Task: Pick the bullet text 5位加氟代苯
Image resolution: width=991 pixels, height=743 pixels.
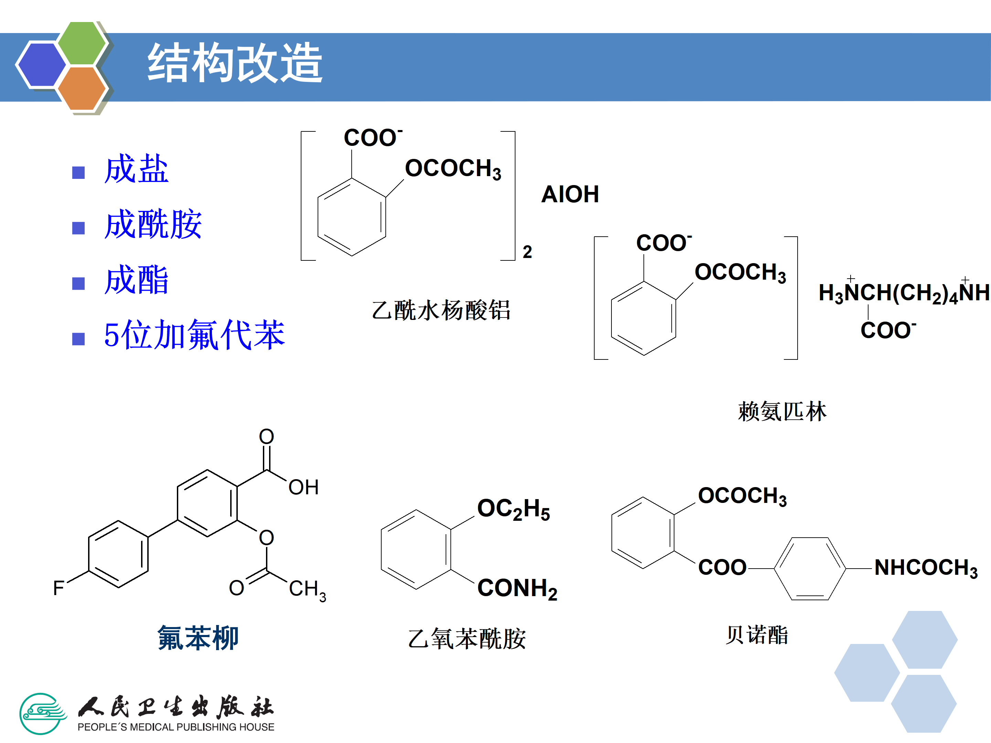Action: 194,335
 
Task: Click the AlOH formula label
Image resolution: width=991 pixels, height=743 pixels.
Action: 570,194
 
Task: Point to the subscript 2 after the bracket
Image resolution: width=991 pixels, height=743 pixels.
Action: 527,252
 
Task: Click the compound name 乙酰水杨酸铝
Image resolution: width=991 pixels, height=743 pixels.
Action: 441,310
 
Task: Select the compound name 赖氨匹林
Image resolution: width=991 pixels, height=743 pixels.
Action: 782,411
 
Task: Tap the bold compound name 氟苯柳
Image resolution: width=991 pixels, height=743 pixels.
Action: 198,638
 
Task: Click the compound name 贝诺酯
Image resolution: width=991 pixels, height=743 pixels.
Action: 757,635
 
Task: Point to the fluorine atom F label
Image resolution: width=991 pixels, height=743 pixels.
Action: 58,588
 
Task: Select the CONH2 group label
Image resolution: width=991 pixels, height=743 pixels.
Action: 518,589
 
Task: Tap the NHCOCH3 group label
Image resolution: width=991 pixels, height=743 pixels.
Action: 926,568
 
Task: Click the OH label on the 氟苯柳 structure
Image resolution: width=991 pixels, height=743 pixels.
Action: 303,487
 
